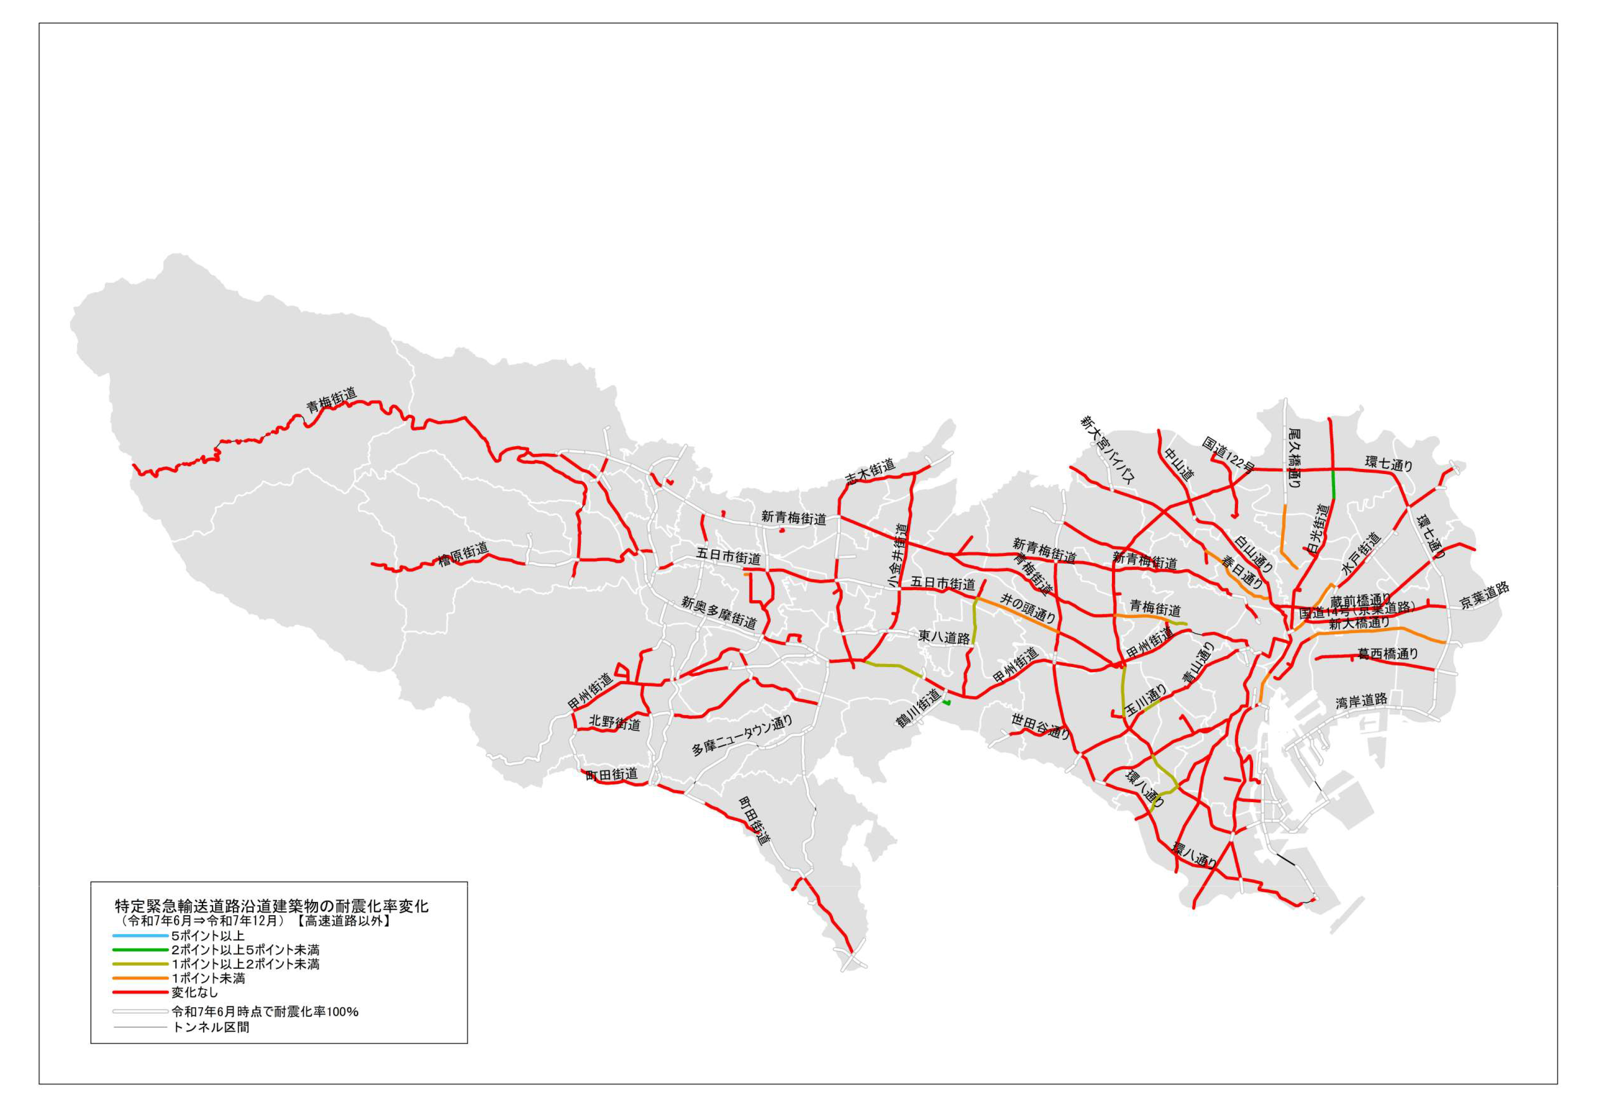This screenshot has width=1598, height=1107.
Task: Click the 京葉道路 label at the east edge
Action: [1484, 596]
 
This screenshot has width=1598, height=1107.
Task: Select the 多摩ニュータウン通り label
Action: [742, 736]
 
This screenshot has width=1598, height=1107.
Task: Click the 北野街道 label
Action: [614, 723]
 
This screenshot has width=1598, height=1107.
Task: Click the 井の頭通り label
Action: [1027, 608]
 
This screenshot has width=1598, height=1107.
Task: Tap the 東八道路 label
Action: [943, 637]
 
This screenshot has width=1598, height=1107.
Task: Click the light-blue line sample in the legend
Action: [141, 936]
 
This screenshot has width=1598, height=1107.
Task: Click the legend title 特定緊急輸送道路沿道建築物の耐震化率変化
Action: [272, 906]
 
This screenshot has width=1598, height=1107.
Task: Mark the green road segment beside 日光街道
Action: [1332, 484]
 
